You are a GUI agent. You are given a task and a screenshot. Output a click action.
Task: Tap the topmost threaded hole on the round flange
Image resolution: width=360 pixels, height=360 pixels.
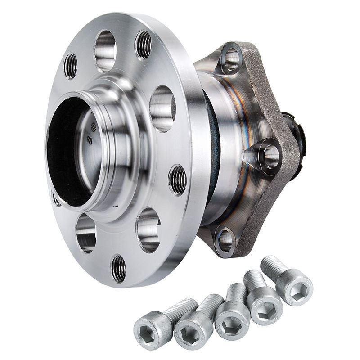[143, 45]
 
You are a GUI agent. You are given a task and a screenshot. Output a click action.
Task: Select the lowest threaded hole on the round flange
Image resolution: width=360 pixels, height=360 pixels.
[118, 268]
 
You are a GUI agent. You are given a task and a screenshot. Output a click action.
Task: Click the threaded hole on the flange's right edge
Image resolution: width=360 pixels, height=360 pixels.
[178, 180]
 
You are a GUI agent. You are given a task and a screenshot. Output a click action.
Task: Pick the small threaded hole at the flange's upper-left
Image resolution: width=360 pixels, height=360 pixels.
[71, 66]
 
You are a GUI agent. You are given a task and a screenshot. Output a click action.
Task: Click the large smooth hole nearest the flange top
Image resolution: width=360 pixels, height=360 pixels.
[105, 50]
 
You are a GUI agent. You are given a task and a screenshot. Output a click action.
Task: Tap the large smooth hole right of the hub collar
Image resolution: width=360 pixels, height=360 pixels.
[162, 108]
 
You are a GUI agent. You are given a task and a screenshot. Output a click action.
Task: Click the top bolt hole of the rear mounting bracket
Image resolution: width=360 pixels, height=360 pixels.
[231, 58]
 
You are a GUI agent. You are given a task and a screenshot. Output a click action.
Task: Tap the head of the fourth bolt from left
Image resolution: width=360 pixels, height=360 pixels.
[265, 306]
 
